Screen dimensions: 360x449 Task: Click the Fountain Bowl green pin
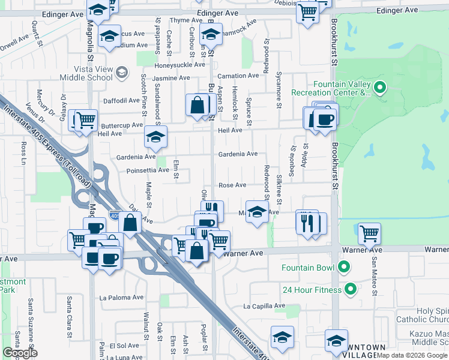coord(344,266)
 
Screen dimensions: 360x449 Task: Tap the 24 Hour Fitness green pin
coord(352,290)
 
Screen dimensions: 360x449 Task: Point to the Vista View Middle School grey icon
coord(122,73)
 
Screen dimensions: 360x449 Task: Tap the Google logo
coord(20,352)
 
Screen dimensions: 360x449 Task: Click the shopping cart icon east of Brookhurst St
coord(369,232)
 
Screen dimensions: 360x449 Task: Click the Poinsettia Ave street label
coord(147,170)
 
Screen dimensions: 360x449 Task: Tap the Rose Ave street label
coord(232,185)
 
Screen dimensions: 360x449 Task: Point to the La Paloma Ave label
coord(122,297)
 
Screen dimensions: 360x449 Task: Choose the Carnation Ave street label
coord(238,76)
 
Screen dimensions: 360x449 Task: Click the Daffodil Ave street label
coord(121,101)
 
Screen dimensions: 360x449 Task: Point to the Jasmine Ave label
coord(171,78)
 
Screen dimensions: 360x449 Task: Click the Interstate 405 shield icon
coord(115,215)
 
